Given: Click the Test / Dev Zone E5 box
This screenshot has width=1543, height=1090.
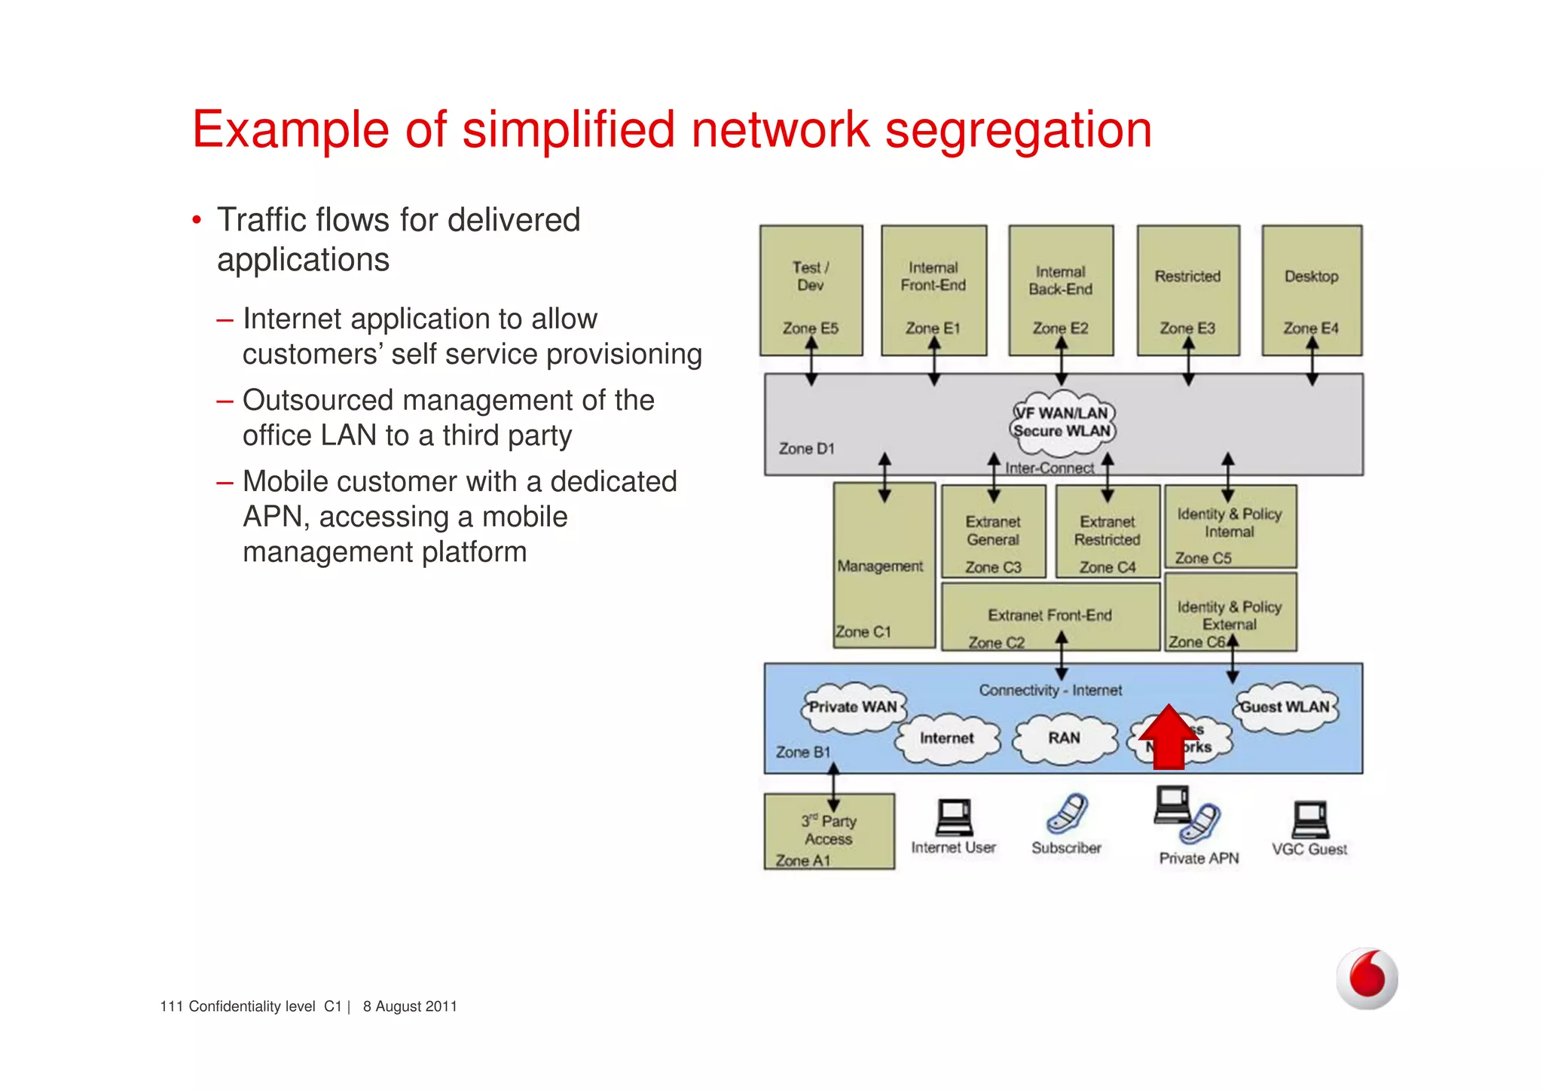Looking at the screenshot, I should coord(811,290).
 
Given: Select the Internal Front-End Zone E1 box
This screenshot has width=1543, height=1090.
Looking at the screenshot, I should coord(933,290).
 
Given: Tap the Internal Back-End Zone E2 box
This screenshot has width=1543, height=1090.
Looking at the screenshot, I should coord(1061,290).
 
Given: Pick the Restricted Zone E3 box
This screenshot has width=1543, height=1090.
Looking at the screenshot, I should coord(1188,290).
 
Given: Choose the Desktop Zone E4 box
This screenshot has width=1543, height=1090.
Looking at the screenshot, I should coord(1312,290).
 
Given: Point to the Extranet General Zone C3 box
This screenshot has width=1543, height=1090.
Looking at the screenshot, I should coord(993,532).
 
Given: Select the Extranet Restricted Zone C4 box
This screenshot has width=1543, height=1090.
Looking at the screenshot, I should coord(1107,532).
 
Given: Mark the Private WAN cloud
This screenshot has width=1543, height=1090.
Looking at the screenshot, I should coord(852,708).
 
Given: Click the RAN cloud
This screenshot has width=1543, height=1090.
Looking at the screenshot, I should coord(1064,739).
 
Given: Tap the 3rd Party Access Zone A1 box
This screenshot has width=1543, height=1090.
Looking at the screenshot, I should coord(829,832).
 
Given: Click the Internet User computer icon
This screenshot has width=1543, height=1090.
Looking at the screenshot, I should coord(954,818).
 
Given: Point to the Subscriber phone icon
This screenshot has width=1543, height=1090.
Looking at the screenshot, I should coord(1067,814).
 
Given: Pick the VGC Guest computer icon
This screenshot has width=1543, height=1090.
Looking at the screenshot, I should coord(1310,820).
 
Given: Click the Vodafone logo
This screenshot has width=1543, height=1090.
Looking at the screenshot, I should coord(1367,978).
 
